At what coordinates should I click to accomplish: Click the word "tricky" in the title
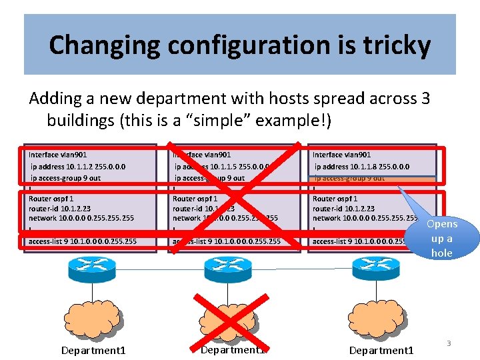(x=397, y=45)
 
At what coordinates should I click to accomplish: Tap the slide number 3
(x=449, y=343)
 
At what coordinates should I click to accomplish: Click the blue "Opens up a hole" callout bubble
(x=441, y=238)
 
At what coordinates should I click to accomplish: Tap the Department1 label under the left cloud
(x=93, y=350)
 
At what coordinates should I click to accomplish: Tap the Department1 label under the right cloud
(x=381, y=350)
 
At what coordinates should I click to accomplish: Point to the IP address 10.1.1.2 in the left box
(x=82, y=167)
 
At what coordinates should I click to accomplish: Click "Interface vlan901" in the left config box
(x=58, y=155)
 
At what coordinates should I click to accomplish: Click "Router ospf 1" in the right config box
(x=335, y=198)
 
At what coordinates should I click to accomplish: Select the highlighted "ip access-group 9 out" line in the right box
(x=349, y=178)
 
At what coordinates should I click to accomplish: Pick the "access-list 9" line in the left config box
(x=82, y=241)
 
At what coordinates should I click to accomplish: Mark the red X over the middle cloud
(x=231, y=320)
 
